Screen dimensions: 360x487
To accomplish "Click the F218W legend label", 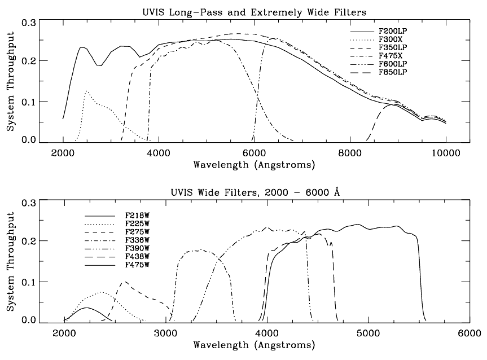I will click(x=137, y=216).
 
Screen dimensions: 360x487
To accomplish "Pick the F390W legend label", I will click(x=137, y=248).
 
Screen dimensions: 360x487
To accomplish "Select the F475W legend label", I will click(x=137, y=264).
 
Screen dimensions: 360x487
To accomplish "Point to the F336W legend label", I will click(x=137, y=240).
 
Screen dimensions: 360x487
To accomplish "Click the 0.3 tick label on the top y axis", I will click(x=28, y=23).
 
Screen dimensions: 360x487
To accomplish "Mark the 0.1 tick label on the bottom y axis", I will click(x=28, y=282).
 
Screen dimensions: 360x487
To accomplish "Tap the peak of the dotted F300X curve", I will click(x=86, y=90).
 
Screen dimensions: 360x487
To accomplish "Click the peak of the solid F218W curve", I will click(x=86, y=308).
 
